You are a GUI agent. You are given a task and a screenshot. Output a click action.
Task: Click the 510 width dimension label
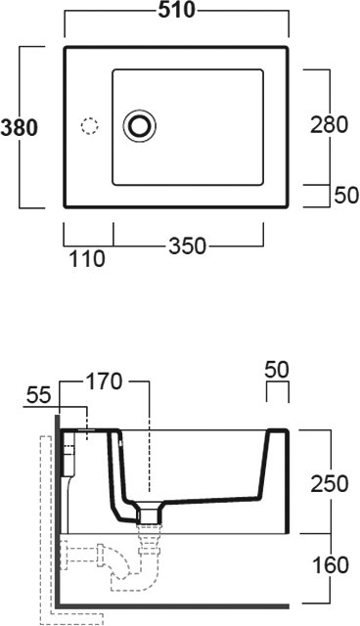pos(176,11)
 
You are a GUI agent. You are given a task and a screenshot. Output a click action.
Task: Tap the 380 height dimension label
pos(20,128)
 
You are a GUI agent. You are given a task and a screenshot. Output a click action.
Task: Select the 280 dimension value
pos(330,124)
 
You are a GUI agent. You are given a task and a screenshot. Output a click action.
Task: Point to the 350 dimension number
pos(187,246)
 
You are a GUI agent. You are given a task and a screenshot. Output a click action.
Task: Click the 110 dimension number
pos(87,258)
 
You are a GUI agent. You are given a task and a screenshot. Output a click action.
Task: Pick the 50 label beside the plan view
pos(346,196)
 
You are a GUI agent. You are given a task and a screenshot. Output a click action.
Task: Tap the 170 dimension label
pos(104,381)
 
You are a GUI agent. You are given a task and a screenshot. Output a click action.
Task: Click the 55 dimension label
pos(39,395)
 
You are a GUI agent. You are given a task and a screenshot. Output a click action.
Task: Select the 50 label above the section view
pos(277,370)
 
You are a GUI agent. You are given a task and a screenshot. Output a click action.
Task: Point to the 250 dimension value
pos(330,483)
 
